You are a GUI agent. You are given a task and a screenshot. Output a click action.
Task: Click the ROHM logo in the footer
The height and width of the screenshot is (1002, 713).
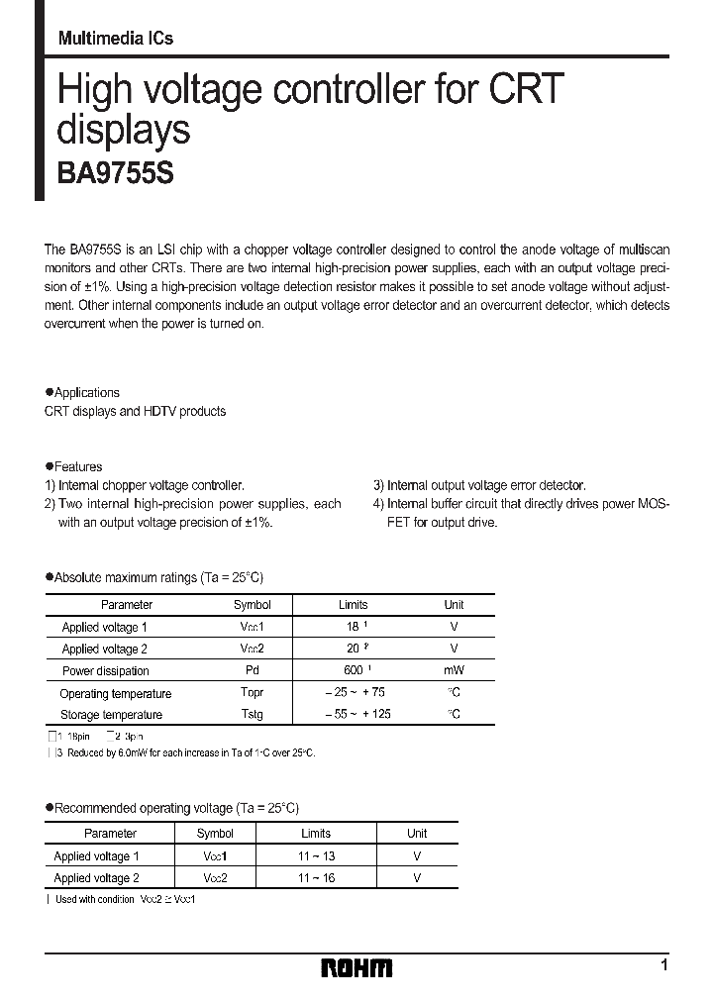356,967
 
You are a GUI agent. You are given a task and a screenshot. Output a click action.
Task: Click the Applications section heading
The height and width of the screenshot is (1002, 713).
86,393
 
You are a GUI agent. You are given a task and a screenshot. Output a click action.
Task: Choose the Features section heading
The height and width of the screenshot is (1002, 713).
77,466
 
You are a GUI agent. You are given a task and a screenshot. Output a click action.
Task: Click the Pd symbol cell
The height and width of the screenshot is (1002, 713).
252,670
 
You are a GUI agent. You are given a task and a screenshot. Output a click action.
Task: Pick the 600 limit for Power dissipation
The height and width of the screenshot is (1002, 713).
350,670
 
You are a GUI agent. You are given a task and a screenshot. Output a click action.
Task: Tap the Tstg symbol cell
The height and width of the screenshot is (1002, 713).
252,714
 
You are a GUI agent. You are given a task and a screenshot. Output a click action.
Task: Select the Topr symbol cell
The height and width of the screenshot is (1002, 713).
252,693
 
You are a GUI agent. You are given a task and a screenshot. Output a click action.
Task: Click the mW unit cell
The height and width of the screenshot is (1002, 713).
454,670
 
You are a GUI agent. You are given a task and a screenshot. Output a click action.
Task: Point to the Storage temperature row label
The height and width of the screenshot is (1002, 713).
111,714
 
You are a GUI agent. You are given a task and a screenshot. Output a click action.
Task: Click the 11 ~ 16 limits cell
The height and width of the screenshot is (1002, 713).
315,878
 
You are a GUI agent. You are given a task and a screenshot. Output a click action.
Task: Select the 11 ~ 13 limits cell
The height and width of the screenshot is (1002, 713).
315,856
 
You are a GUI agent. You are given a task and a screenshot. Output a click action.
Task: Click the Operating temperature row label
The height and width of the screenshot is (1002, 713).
115,693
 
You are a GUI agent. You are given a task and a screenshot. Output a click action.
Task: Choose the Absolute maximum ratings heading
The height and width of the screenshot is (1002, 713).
158,577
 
